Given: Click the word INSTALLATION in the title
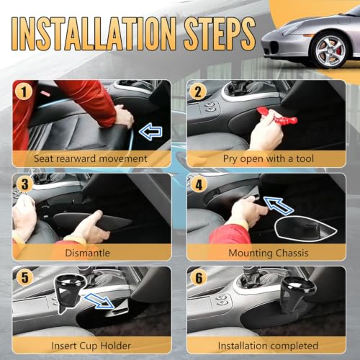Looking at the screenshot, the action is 94,34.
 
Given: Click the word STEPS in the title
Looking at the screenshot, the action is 220,33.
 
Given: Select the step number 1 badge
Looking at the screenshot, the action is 24,92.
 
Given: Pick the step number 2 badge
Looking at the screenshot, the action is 198,92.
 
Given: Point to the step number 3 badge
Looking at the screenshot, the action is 25,184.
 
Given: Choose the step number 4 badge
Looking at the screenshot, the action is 199,185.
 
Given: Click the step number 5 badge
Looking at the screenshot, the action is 25,278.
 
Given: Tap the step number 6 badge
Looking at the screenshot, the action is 199,278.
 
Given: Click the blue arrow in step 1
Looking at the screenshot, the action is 150,131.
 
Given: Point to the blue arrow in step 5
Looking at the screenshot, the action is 99,300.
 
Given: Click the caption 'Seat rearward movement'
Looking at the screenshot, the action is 91,158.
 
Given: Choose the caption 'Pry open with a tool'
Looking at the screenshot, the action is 269,159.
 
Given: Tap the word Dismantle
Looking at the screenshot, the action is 87,253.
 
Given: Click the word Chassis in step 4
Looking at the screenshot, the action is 292,253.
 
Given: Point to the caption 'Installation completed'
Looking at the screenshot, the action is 268,346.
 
